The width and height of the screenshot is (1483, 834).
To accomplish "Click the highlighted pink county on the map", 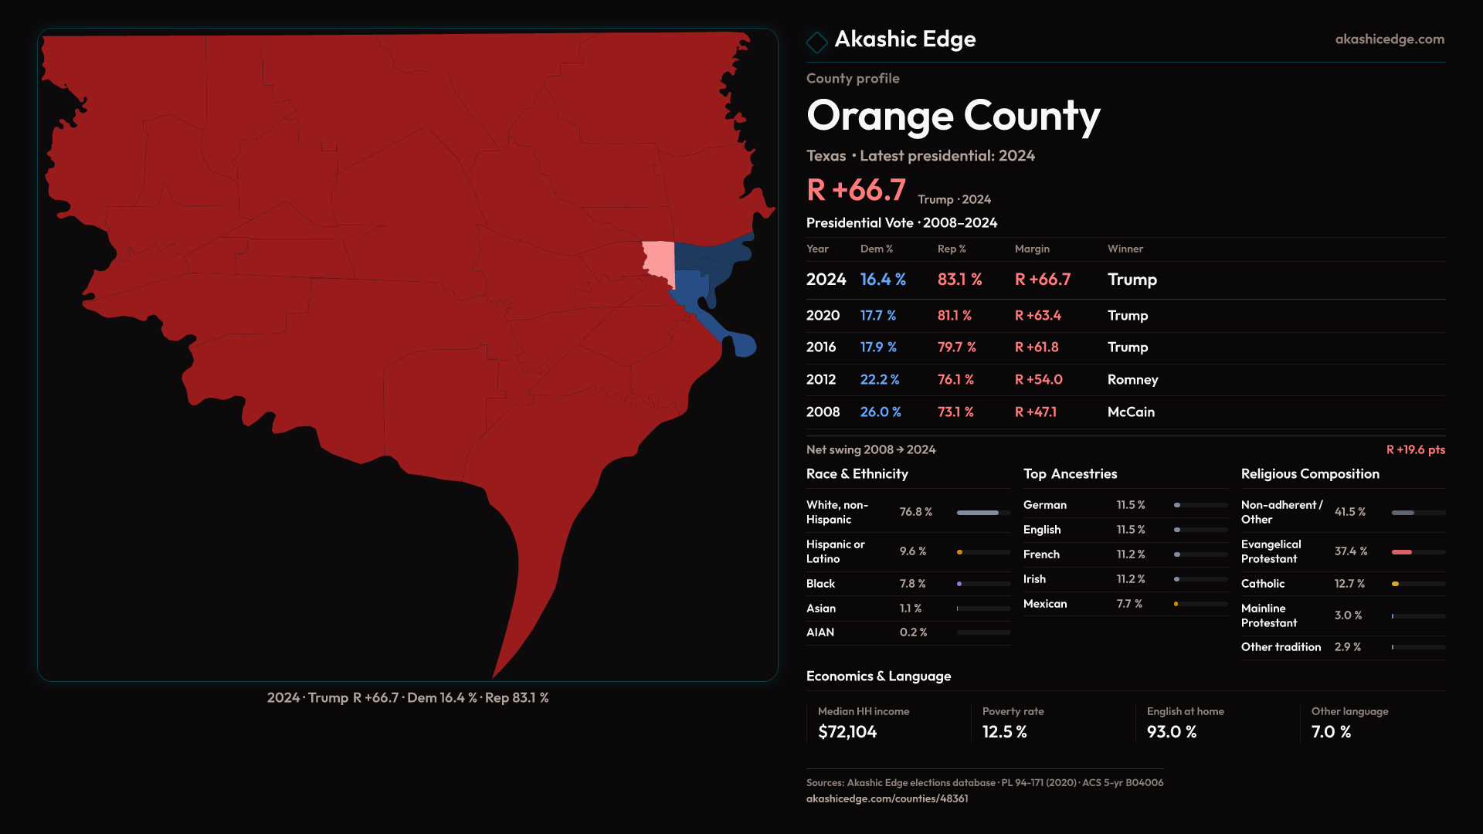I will pyautogui.click(x=658, y=260).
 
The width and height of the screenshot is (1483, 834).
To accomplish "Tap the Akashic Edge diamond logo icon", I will pyautogui.click(x=816, y=42).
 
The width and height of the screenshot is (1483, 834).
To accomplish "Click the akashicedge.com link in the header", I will pyautogui.click(x=1389, y=39).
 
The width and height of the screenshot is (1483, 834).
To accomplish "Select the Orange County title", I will pyautogui.click(x=953, y=116).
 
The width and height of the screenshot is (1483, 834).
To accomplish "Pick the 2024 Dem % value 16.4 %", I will pyautogui.click(x=883, y=280).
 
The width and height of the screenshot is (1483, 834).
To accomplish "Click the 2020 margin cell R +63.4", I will pyautogui.click(x=1037, y=316).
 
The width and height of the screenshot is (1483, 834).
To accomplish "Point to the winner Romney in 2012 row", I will pyautogui.click(x=1132, y=380).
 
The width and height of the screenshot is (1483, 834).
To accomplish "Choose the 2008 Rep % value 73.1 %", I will pyautogui.click(x=955, y=412).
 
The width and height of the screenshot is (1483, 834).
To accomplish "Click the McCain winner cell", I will pyautogui.click(x=1131, y=412).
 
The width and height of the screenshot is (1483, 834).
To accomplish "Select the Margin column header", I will pyautogui.click(x=1032, y=249).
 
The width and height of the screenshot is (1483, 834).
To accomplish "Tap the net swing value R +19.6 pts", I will pyautogui.click(x=1415, y=450).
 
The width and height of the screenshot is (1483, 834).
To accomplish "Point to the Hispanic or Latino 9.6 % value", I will pyautogui.click(x=912, y=551).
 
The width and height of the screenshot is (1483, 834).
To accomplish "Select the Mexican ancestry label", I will pyautogui.click(x=1045, y=604).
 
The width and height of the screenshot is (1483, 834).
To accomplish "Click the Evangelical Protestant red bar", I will pyautogui.click(x=1402, y=552).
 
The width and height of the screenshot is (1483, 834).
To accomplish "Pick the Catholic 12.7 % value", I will pyautogui.click(x=1349, y=584).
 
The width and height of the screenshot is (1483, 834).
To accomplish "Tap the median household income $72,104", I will pyautogui.click(x=847, y=732).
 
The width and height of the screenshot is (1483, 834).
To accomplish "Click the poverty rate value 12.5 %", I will pyautogui.click(x=1004, y=732).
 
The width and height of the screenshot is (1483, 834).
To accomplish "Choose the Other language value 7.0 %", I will pyautogui.click(x=1331, y=732).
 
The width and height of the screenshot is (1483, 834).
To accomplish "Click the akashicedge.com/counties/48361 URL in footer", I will pyautogui.click(x=887, y=799).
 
